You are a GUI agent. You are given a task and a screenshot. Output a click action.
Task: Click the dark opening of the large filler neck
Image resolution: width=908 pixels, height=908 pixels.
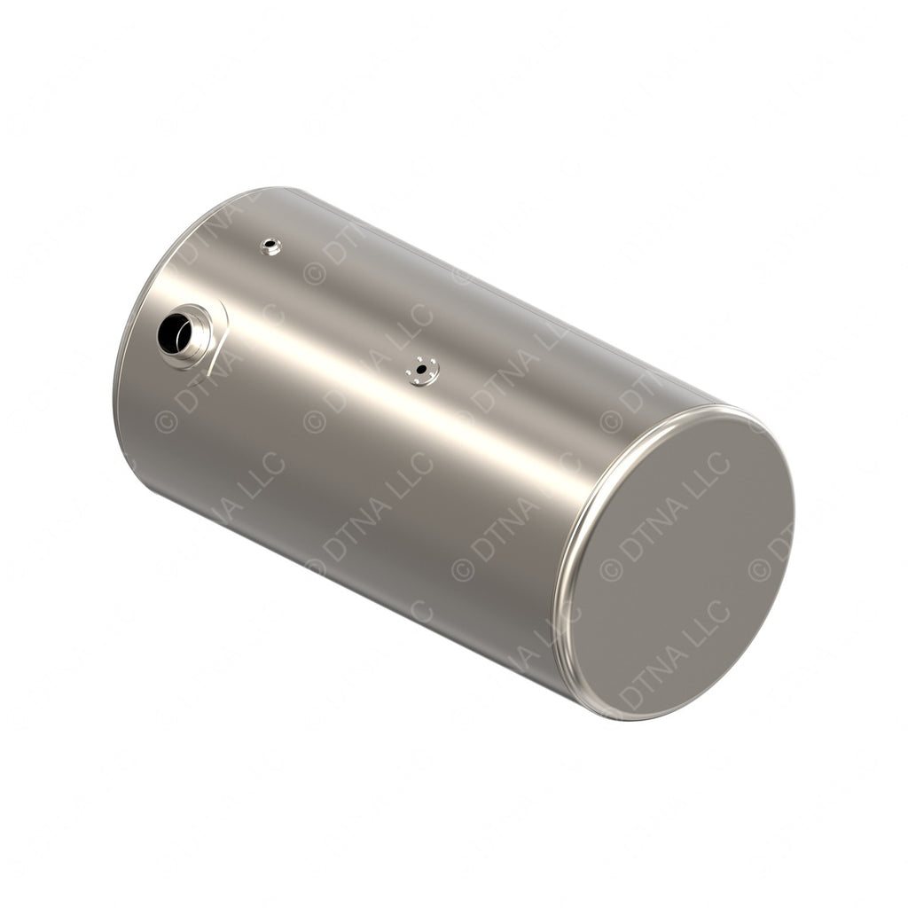[x=174, y=333]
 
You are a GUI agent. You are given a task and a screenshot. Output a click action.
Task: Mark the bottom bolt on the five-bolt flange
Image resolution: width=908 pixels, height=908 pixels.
[x=418, y=381]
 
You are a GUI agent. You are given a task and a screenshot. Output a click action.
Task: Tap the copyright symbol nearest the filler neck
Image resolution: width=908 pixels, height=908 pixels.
[x=166, y=420]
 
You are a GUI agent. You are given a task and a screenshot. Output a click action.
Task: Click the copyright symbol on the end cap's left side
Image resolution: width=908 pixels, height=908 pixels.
[x=611, y=570]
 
